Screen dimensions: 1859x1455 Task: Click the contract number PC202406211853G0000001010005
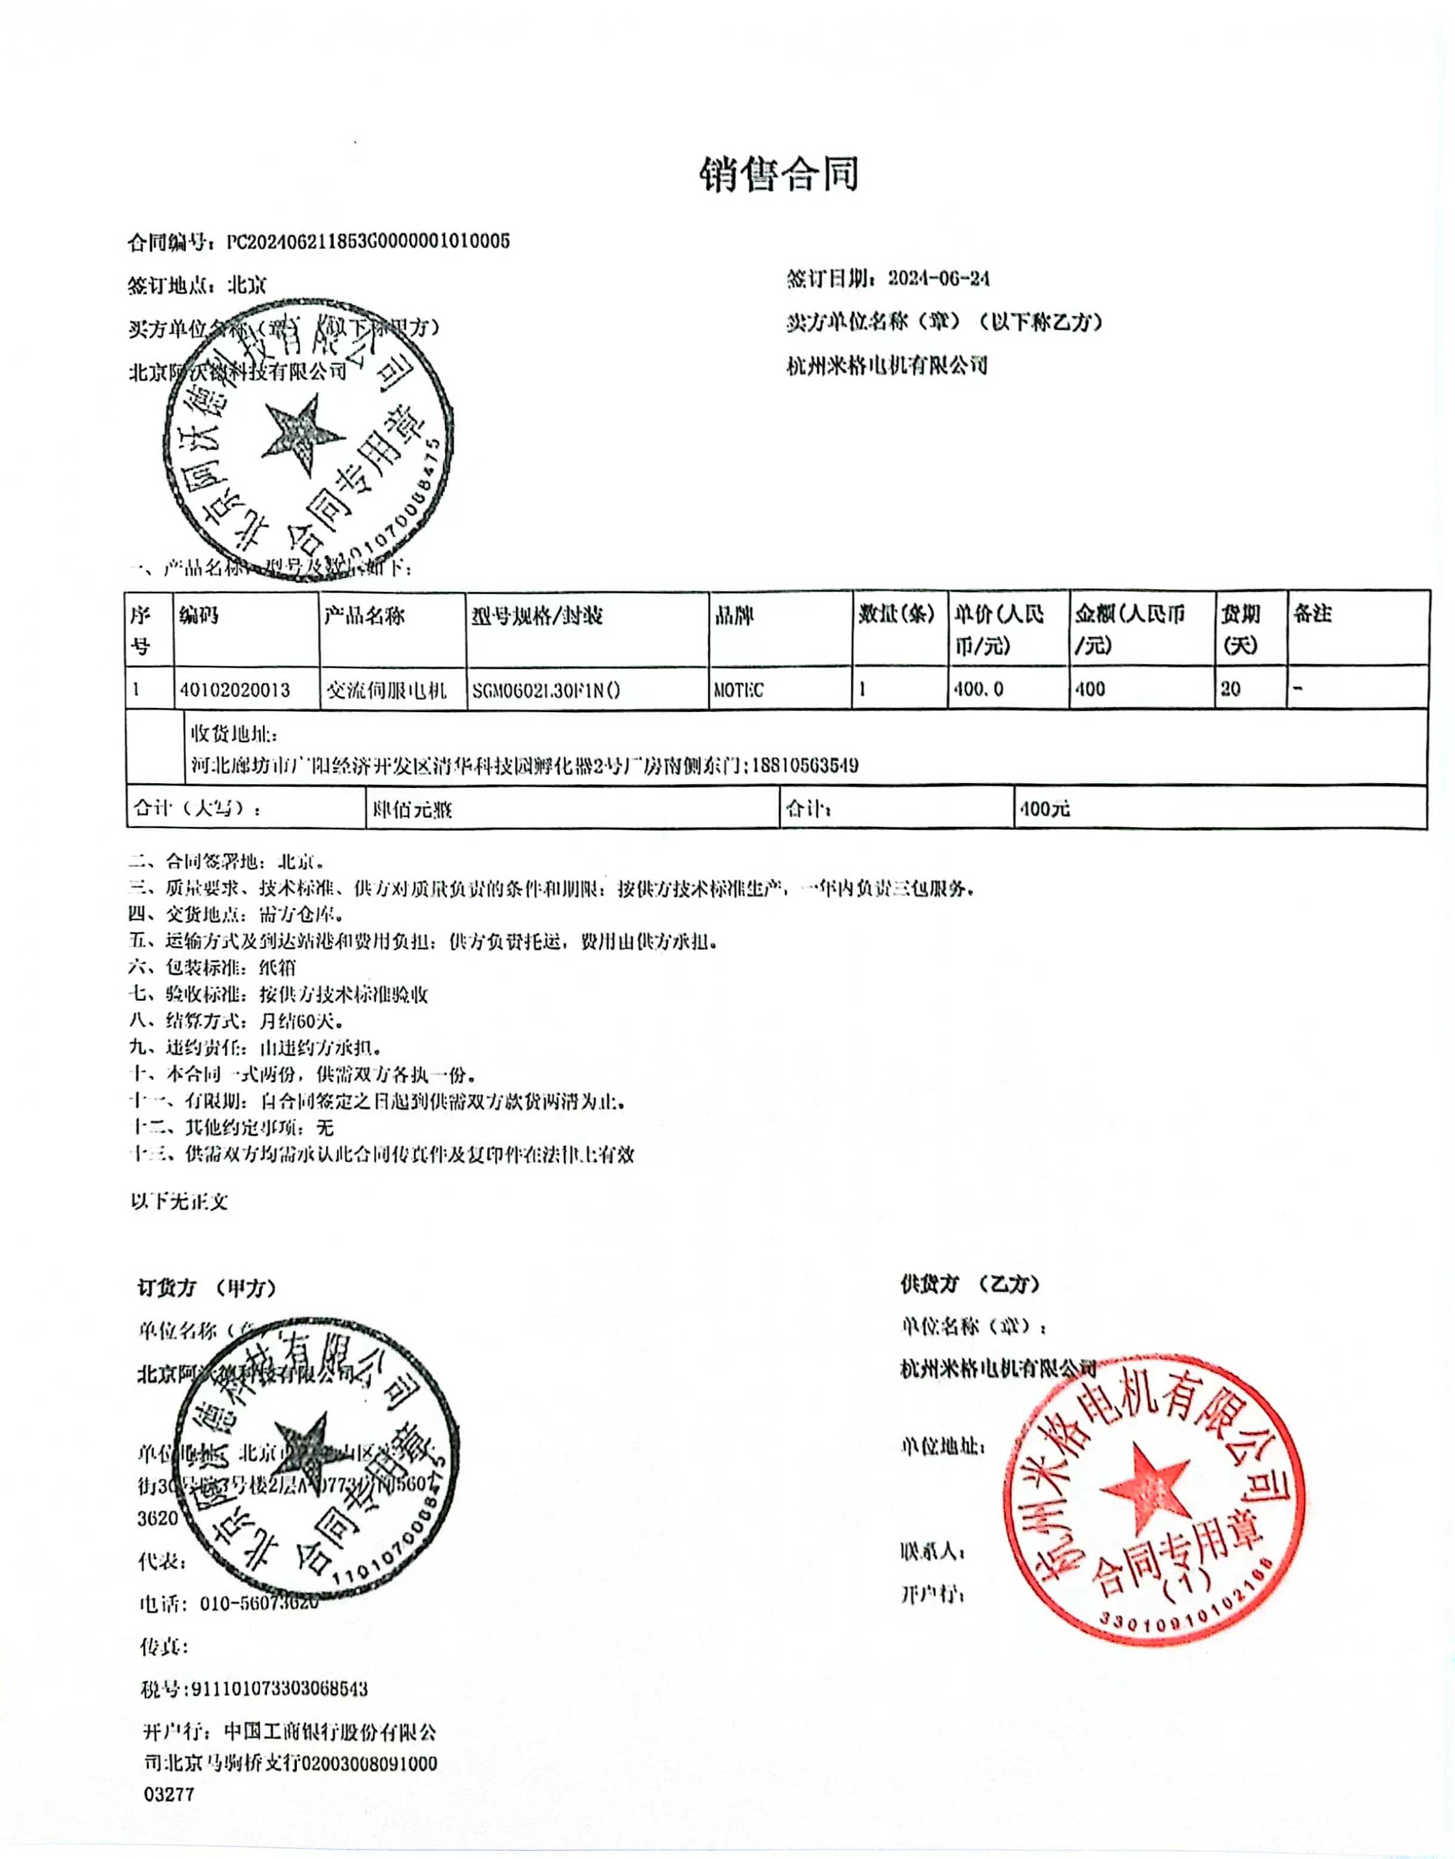[x=368, y=242]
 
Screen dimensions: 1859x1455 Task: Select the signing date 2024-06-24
[x=938, y=278]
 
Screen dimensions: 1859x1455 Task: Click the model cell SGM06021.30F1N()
[x=546, y=690]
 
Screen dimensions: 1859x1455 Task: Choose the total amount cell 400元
[x=1045, y=808]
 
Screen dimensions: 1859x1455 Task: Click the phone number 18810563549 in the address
[x=805, y=765]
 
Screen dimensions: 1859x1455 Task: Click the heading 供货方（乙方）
[x=970, y=1284]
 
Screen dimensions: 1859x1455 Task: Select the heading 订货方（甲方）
[x=207, y=1288]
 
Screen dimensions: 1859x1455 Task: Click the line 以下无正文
[x=179, y=1201]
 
